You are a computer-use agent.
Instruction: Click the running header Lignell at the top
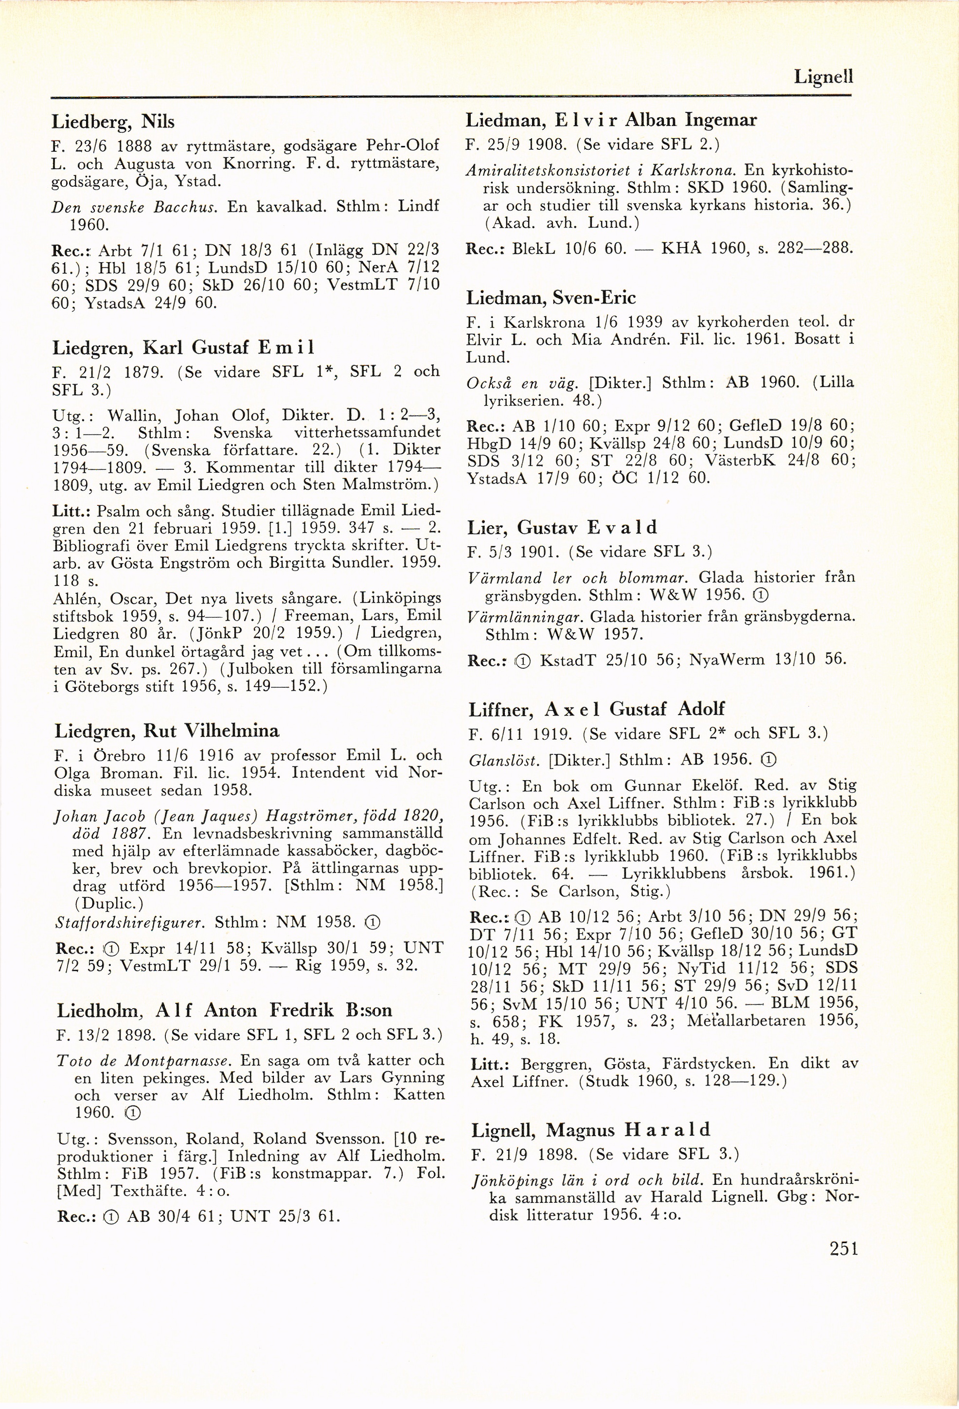pos(823,77)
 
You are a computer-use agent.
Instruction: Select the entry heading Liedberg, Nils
pos(113,122)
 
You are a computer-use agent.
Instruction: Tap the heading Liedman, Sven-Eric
pos(551,298)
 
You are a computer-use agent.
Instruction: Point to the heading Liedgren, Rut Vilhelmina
pos(167,731)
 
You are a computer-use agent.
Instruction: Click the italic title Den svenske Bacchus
pos(136,207)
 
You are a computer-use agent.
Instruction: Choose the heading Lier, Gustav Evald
pos(562,528)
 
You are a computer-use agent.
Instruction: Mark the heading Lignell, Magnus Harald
pos(590,1130)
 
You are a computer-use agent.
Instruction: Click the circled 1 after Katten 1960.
pos(132,1112)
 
